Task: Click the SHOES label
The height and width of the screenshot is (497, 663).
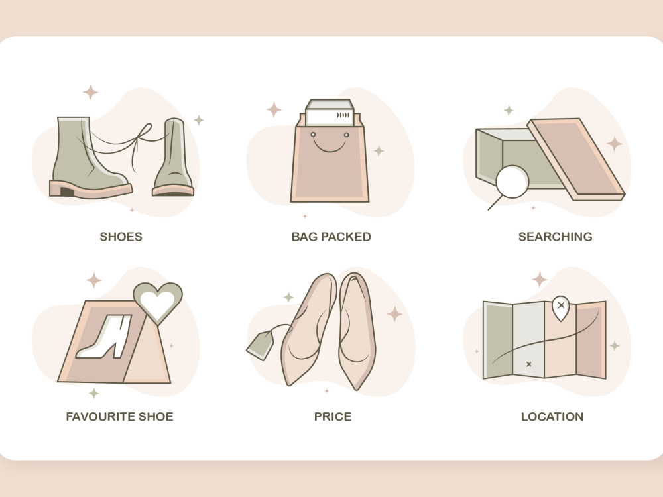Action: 121,237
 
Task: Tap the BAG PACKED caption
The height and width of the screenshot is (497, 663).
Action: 331,237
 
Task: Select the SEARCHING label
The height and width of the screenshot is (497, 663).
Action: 555,237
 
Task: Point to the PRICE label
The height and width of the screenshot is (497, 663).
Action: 333,417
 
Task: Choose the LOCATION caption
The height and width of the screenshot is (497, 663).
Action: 552,417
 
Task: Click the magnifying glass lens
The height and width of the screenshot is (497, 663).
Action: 512,182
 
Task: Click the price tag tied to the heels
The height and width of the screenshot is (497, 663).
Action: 260,346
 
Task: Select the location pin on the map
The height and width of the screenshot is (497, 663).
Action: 561,307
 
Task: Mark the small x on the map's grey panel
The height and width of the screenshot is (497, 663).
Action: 528,364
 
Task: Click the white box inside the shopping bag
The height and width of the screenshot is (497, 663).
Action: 330,113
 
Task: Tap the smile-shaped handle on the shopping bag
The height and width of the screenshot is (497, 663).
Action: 330,144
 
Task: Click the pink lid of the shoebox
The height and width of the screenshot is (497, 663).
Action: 576,158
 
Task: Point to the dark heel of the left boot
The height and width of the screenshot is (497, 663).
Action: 67,192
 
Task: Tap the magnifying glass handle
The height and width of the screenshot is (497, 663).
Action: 495,203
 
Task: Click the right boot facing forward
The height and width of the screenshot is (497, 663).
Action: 174,157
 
